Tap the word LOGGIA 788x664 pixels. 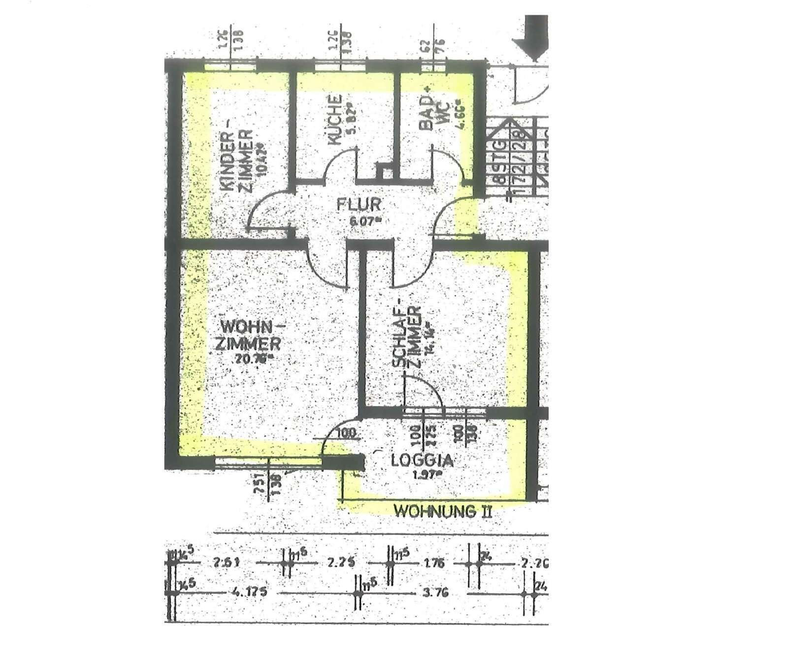click(422, 460)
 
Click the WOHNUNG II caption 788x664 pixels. click(443, 511)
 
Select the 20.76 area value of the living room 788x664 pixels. click(253, 359)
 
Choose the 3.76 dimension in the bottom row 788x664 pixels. click(435, 593)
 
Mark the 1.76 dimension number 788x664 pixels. click(433, 563)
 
